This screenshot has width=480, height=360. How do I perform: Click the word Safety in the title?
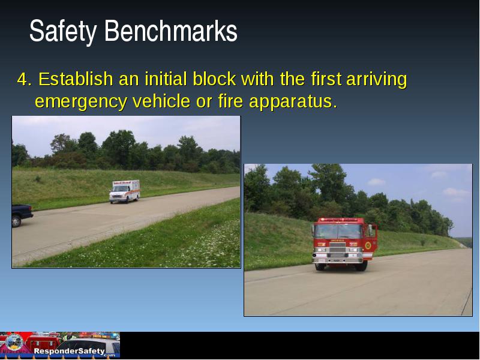point(63,31)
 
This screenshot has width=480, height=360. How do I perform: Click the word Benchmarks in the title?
point(171,31)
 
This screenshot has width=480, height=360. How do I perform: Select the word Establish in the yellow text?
point(76,79)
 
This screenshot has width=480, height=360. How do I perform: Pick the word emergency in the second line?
point(81,102)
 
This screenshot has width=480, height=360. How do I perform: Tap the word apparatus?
point(293,102)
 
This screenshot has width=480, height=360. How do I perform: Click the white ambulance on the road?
point(125,191)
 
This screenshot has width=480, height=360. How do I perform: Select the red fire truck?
point(344,244)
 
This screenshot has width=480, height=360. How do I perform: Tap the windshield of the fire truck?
point(338,231)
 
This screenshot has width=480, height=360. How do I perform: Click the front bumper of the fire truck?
point(337,260)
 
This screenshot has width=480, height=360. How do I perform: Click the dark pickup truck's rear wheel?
point(16,221)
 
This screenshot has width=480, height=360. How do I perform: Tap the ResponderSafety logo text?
point(69,351)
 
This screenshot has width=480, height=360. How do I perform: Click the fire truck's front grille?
point(337,247)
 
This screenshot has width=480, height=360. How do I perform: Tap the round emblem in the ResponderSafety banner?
point(13,343)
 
